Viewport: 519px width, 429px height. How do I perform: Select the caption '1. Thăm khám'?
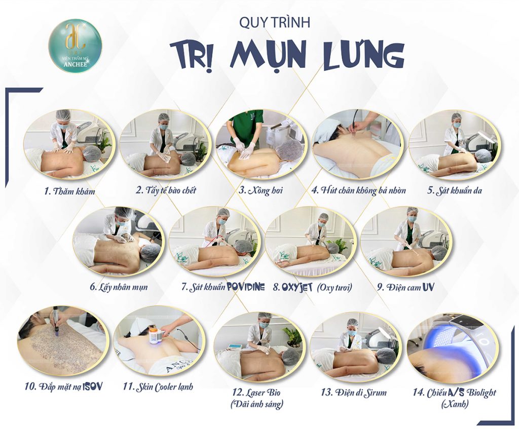[70, 191]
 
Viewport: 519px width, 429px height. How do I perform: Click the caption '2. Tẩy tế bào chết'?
[166, 190]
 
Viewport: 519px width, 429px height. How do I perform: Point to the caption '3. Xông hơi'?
[261, 190]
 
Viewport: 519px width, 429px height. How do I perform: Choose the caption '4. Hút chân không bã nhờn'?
[359, 190]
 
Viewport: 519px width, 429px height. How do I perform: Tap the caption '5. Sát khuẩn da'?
[455, 190]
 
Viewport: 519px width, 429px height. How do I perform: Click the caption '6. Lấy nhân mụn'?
[119, 287]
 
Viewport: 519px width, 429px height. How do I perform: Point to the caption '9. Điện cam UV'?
[405, 287]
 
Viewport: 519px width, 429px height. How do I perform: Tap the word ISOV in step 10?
[92, 385]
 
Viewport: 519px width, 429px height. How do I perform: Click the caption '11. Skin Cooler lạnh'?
[158, 386]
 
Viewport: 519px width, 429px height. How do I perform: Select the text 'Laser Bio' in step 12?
[261, 393]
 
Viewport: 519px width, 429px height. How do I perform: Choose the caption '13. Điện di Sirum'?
[354, 393]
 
